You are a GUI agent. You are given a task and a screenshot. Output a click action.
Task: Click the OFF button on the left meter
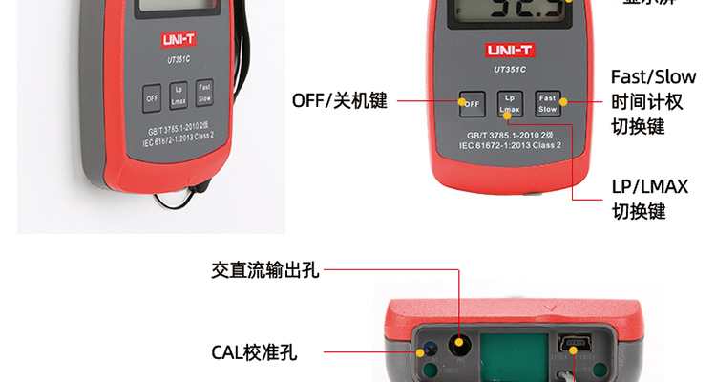(152, 97)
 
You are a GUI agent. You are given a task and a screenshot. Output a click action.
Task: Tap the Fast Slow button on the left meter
(204, 93)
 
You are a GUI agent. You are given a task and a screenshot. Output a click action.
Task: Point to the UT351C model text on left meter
(175, 59)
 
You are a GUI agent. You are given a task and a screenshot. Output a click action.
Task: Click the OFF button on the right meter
(471, 101)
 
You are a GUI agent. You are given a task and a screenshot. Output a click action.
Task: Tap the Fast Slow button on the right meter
(547, 102)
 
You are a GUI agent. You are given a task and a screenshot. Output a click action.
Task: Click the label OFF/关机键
(339, 100)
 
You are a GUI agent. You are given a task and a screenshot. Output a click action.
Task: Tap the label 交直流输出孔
(265, 270)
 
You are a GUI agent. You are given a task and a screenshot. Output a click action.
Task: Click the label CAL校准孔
(254, 353)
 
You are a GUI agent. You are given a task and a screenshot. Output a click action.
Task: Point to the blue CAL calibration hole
(431, 349)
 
